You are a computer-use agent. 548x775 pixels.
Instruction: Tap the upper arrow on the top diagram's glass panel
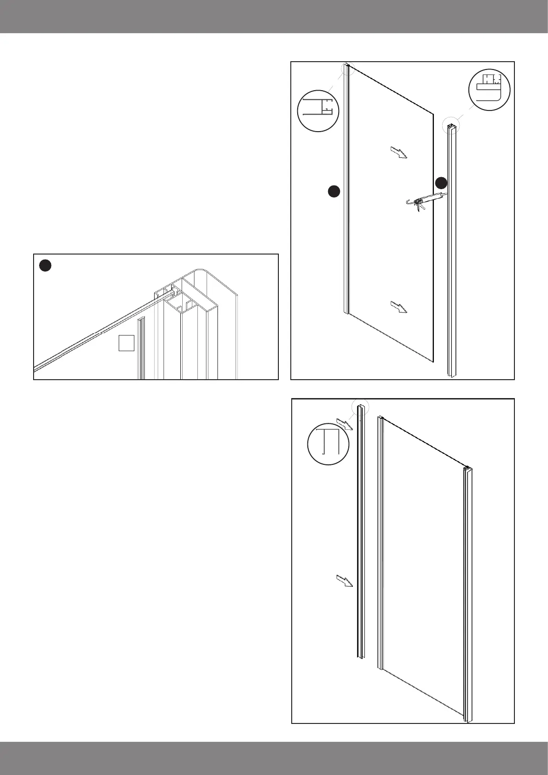pos(399,152)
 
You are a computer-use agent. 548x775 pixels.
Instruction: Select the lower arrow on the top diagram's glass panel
pos(399,307)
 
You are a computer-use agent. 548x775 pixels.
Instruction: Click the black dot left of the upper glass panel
pos(334,191)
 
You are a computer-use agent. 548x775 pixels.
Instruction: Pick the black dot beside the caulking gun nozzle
pos(441,183)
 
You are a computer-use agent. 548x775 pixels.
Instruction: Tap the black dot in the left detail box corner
pos(45,265)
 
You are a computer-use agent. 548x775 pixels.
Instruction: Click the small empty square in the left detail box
pos(126,343)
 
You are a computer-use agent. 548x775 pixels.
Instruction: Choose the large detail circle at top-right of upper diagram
pos(489,90)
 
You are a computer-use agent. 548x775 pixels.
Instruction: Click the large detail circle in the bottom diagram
pos(328,444)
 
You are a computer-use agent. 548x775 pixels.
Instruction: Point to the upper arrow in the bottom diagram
pos(344,424)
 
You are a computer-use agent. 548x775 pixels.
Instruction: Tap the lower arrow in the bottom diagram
pos(344,581)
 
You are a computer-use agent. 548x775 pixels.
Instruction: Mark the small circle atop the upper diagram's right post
pos(451,125)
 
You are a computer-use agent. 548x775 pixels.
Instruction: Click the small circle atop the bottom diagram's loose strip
pos(360,408)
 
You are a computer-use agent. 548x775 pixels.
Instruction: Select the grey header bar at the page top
pos(274,16)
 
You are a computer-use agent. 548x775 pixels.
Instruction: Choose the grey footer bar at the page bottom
pos(274,758)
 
